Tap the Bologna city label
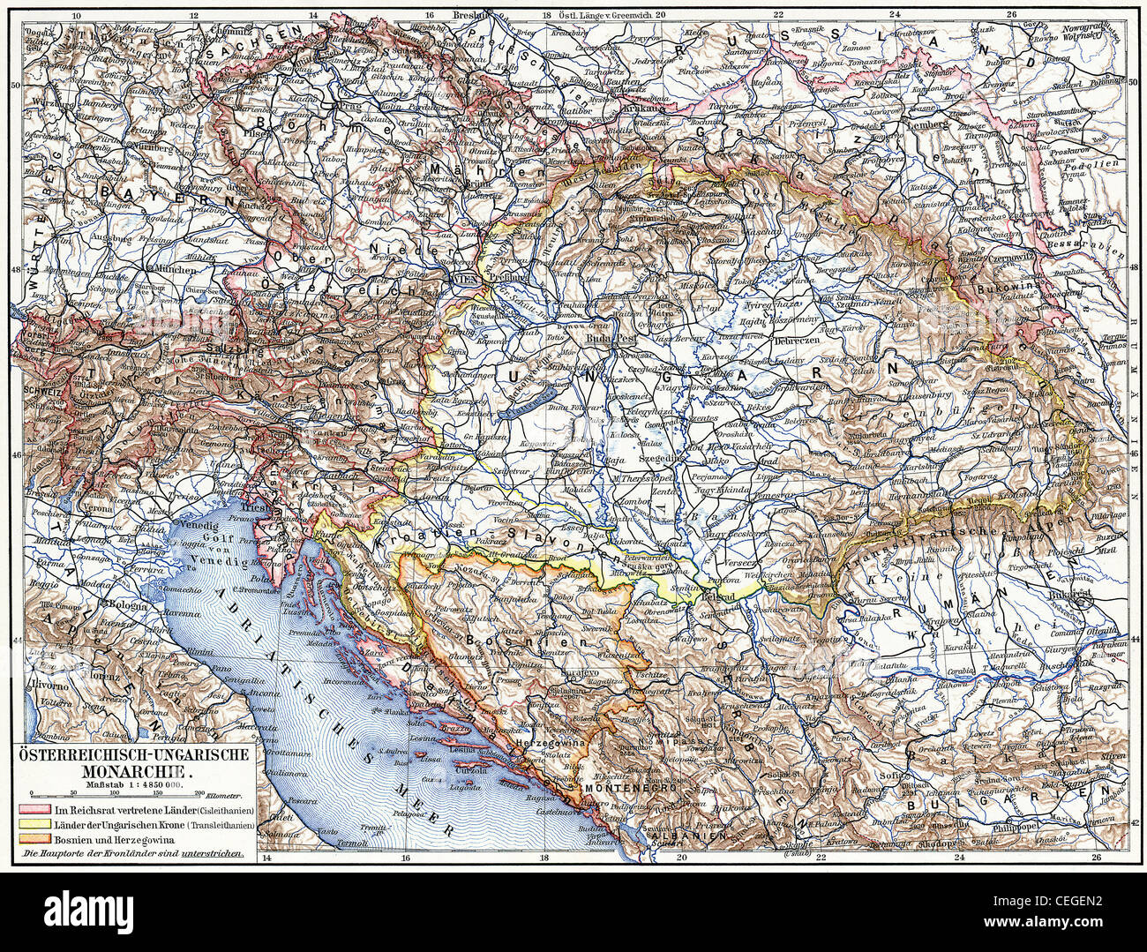pos(129,605)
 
